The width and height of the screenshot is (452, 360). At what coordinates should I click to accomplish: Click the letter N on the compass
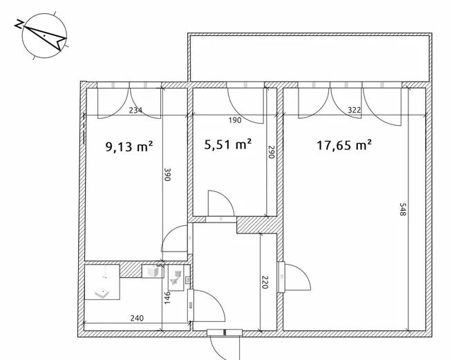click(19, 24)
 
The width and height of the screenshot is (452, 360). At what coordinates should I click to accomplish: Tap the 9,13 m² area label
click(129, 146)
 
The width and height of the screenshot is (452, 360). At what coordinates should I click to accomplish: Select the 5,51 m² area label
click(228, 144)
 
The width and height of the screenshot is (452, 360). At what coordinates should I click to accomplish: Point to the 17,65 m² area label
click(344, 145)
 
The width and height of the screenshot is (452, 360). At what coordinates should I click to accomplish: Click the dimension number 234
click(135, 111)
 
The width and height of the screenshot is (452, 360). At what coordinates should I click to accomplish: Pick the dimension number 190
click(235, 120)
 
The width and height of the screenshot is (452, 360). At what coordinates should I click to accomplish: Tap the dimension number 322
click(355, 110)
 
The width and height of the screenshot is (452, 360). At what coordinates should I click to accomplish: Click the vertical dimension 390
click(167, 174)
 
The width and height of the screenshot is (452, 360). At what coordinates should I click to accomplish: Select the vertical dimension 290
click(271, 151)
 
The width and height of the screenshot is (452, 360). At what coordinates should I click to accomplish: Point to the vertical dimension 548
click(403, 209)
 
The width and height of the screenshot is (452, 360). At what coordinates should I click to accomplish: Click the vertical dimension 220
click(265, 282)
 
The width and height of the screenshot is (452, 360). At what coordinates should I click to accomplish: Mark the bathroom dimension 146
click(167, 298)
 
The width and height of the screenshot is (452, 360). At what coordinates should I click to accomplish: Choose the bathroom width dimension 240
click(137, 319)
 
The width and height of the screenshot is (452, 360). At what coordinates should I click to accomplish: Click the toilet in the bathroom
click(176, 278)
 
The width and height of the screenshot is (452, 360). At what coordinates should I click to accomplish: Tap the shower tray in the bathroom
click(102, 282)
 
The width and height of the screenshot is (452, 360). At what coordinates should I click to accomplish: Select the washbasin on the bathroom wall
click(153, 272)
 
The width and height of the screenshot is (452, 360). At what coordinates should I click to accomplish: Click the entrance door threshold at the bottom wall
click(225, 332)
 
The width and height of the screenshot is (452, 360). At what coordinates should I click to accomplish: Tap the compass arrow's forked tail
click(62, 44)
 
